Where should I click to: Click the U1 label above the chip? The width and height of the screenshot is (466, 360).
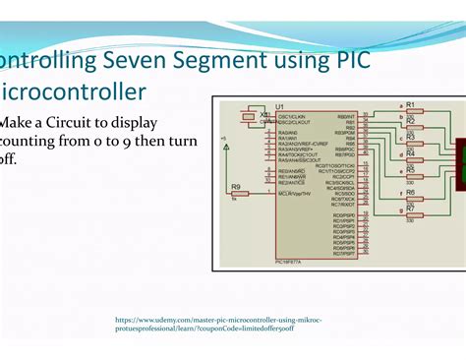(x=280, y=105)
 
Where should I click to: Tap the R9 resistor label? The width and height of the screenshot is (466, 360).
(x=235, y=187)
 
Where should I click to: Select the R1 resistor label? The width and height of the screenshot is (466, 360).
(x=410, y=103)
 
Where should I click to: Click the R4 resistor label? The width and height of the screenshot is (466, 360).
(x=410, y=153)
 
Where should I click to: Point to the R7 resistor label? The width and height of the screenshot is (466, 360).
(x=410, y=209)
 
